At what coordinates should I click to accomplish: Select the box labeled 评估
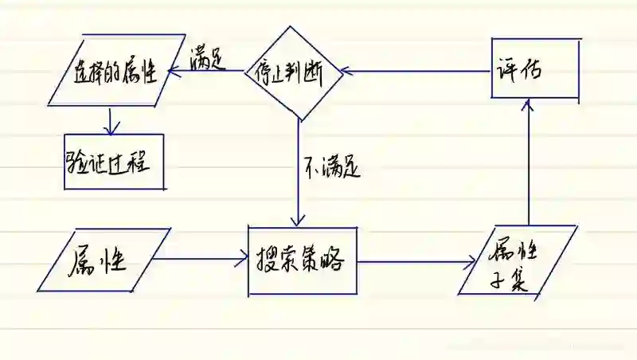click(x=534, y=68)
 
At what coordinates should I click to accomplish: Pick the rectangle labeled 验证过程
click(x=114, y=161)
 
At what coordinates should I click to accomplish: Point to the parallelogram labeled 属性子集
click(x=518, y=261)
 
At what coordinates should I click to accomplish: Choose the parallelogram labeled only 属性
click(x=103, y=260)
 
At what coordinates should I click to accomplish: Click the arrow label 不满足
click(x=332, y=167)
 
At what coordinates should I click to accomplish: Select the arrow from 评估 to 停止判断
click(x=414, y=72)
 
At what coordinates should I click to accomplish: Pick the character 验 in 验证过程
click(x=80, y=162)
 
